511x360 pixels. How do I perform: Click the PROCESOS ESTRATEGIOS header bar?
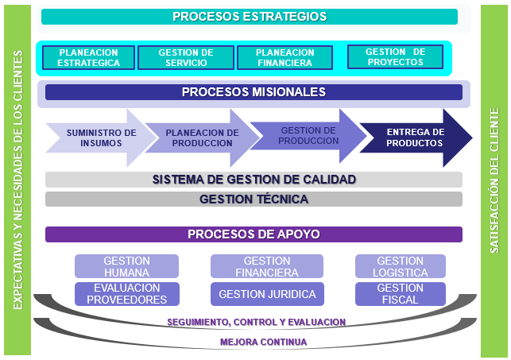point(250,17)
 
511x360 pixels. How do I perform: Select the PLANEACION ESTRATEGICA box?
point(88,58)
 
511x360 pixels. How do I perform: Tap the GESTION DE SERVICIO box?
point(186,58)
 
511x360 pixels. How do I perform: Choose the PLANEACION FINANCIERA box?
point(285,58)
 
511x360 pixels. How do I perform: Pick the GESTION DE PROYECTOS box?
point(395,57)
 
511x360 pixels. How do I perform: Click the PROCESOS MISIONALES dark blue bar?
point(254,92)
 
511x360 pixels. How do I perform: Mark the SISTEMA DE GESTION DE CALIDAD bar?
point(254,180)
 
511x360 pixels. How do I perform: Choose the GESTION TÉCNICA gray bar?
point(254,199)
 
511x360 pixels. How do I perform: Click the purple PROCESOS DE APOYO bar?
point(254,234)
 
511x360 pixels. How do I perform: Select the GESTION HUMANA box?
point(126,266)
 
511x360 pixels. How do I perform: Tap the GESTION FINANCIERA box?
point(266,266)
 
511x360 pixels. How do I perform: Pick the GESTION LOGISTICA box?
point(400,266)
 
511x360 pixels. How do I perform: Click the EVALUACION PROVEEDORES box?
point(126,294)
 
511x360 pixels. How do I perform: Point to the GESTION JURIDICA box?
point(266,294)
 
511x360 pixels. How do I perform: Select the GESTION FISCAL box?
point(400,294)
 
